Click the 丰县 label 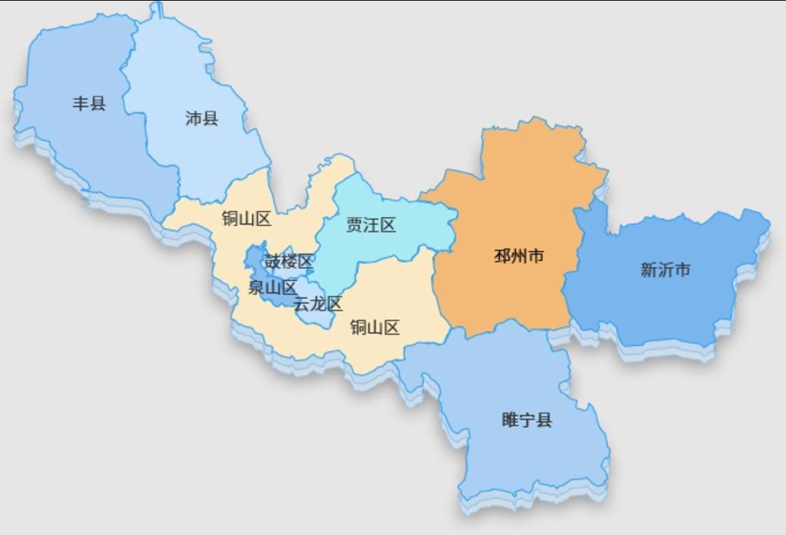[x=89, y=103]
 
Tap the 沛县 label [x=202, y=118]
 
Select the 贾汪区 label [x=371, y=225]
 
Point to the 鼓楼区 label [x=288, y=262]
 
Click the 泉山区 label [x=272, y=288]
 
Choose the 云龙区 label [x=318, y=304]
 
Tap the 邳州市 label [x=519, y=256]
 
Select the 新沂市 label [x=665, y=270]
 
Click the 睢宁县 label [x=527, y=420]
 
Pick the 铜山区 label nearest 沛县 [x=247, y=219]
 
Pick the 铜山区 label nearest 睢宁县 [x=375, y=328]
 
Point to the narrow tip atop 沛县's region [x=156, y=9]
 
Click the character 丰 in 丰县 [x=80, y=103]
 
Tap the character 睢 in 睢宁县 [x=511, y=420]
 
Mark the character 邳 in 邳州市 [x=502, y=256]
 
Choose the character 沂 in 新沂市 [x=665, y=270]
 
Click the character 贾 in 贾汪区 [x=354, y=225]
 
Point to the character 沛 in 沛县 [x=193, y=118]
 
